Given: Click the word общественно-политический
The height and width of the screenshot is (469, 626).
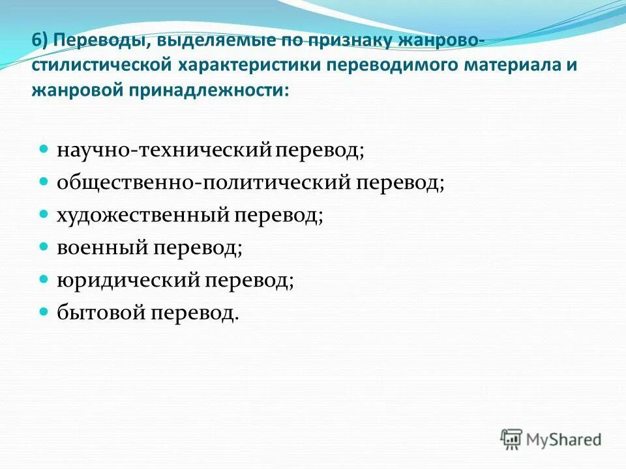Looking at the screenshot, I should (x=203, y=183).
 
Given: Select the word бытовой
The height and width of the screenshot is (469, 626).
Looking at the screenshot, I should (x=101, y=313).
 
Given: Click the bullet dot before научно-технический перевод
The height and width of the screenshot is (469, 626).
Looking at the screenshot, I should (x=44, y=150).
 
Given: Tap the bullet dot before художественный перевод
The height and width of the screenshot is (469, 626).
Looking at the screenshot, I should (x=44, y=214).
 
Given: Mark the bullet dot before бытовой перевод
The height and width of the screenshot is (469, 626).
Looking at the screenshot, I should (x=44, y=312).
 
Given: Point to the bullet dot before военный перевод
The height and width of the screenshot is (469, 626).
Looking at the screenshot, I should (x=44, y=247).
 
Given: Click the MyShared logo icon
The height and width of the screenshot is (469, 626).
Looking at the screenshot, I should (x=512, y=439).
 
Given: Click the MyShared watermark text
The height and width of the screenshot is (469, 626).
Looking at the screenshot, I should (x=563, y=440).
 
